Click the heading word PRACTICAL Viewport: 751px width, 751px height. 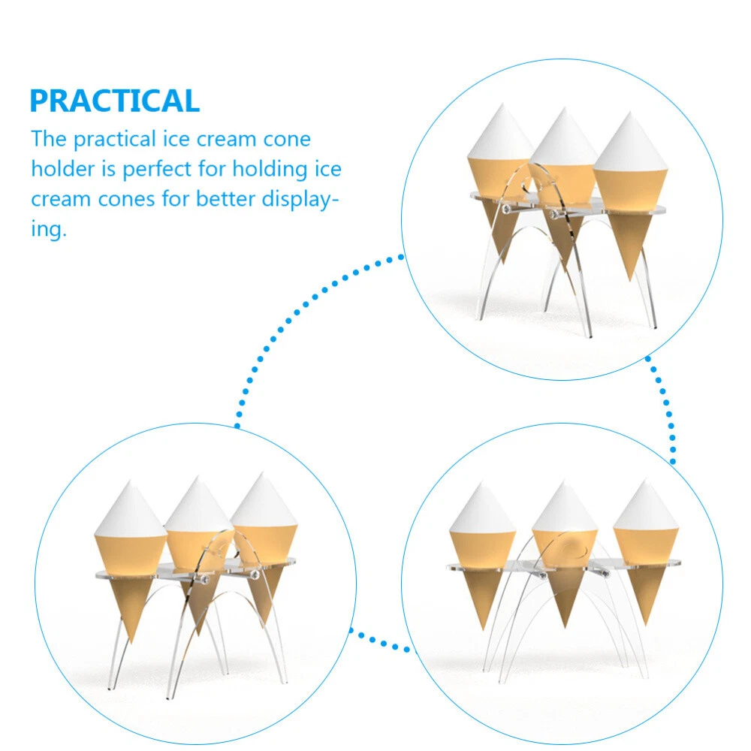click(114, 101)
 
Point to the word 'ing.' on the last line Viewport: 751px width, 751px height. click(48, 229)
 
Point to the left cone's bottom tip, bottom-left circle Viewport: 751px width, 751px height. click(131, 642)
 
